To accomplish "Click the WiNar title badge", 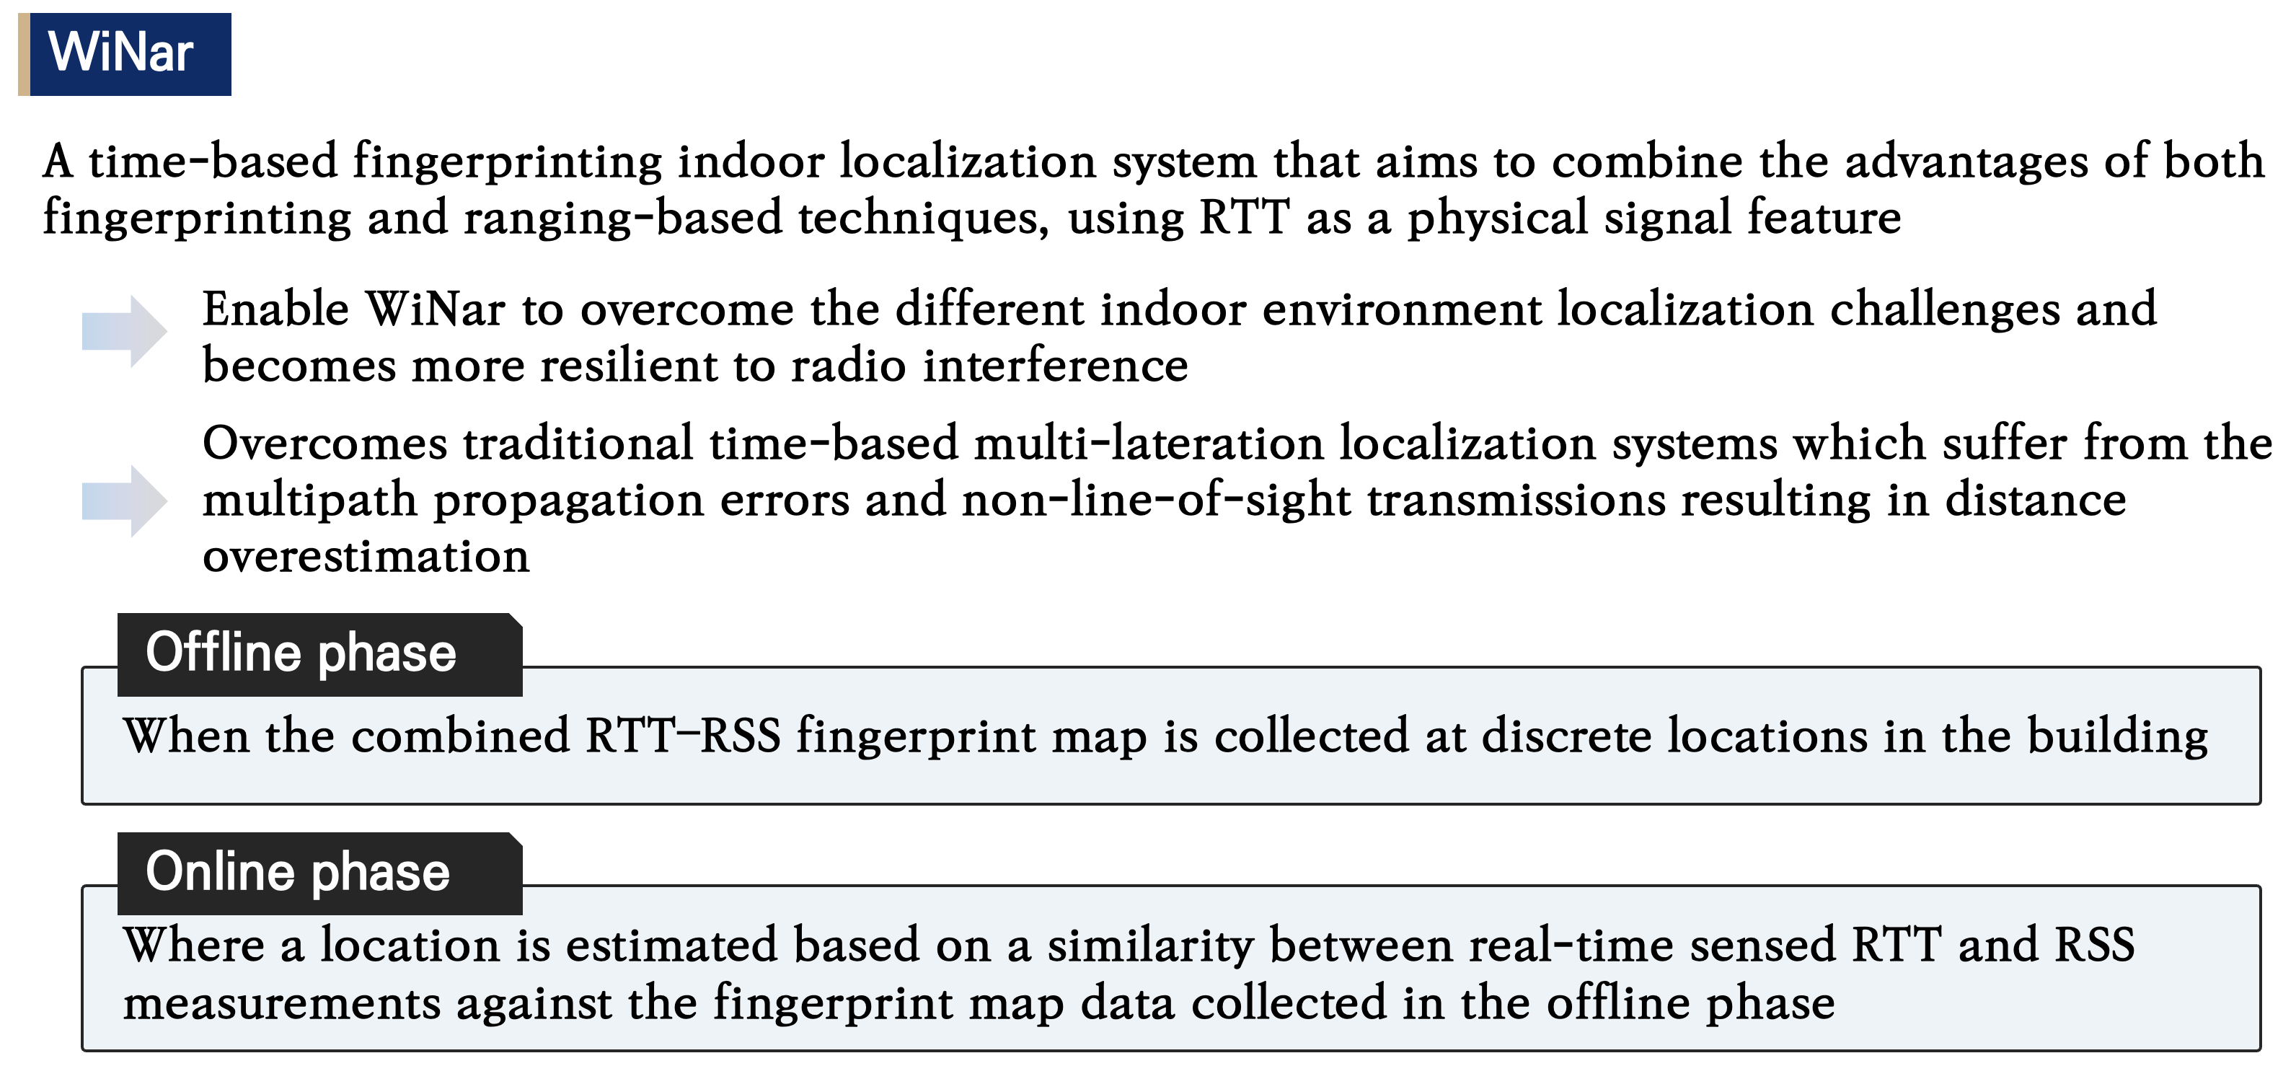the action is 125,53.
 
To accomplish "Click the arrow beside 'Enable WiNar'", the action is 124,330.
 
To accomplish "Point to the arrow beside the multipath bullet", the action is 124,501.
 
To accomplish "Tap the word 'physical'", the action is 1498,219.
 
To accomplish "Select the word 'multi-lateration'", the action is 1148,444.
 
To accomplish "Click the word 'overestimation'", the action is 366,557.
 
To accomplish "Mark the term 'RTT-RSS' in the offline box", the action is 683,737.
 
